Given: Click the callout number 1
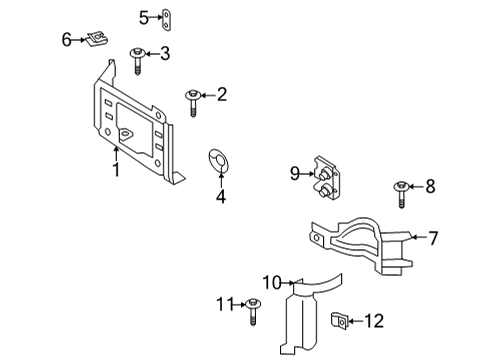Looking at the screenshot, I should point(116,170).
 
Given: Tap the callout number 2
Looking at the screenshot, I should point(222,95).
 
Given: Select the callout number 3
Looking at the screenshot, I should point(166,53).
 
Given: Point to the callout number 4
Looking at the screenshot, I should point(220,196).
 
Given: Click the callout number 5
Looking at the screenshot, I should point(144,16).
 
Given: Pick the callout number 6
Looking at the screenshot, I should point(66,40).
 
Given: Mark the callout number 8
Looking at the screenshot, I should point(431,185).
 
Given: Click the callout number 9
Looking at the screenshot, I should point(296,174).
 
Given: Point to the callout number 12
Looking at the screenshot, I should point(373,321).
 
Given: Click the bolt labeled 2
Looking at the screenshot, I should point(191,101).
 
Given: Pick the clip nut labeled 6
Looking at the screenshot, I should point(97,41).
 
